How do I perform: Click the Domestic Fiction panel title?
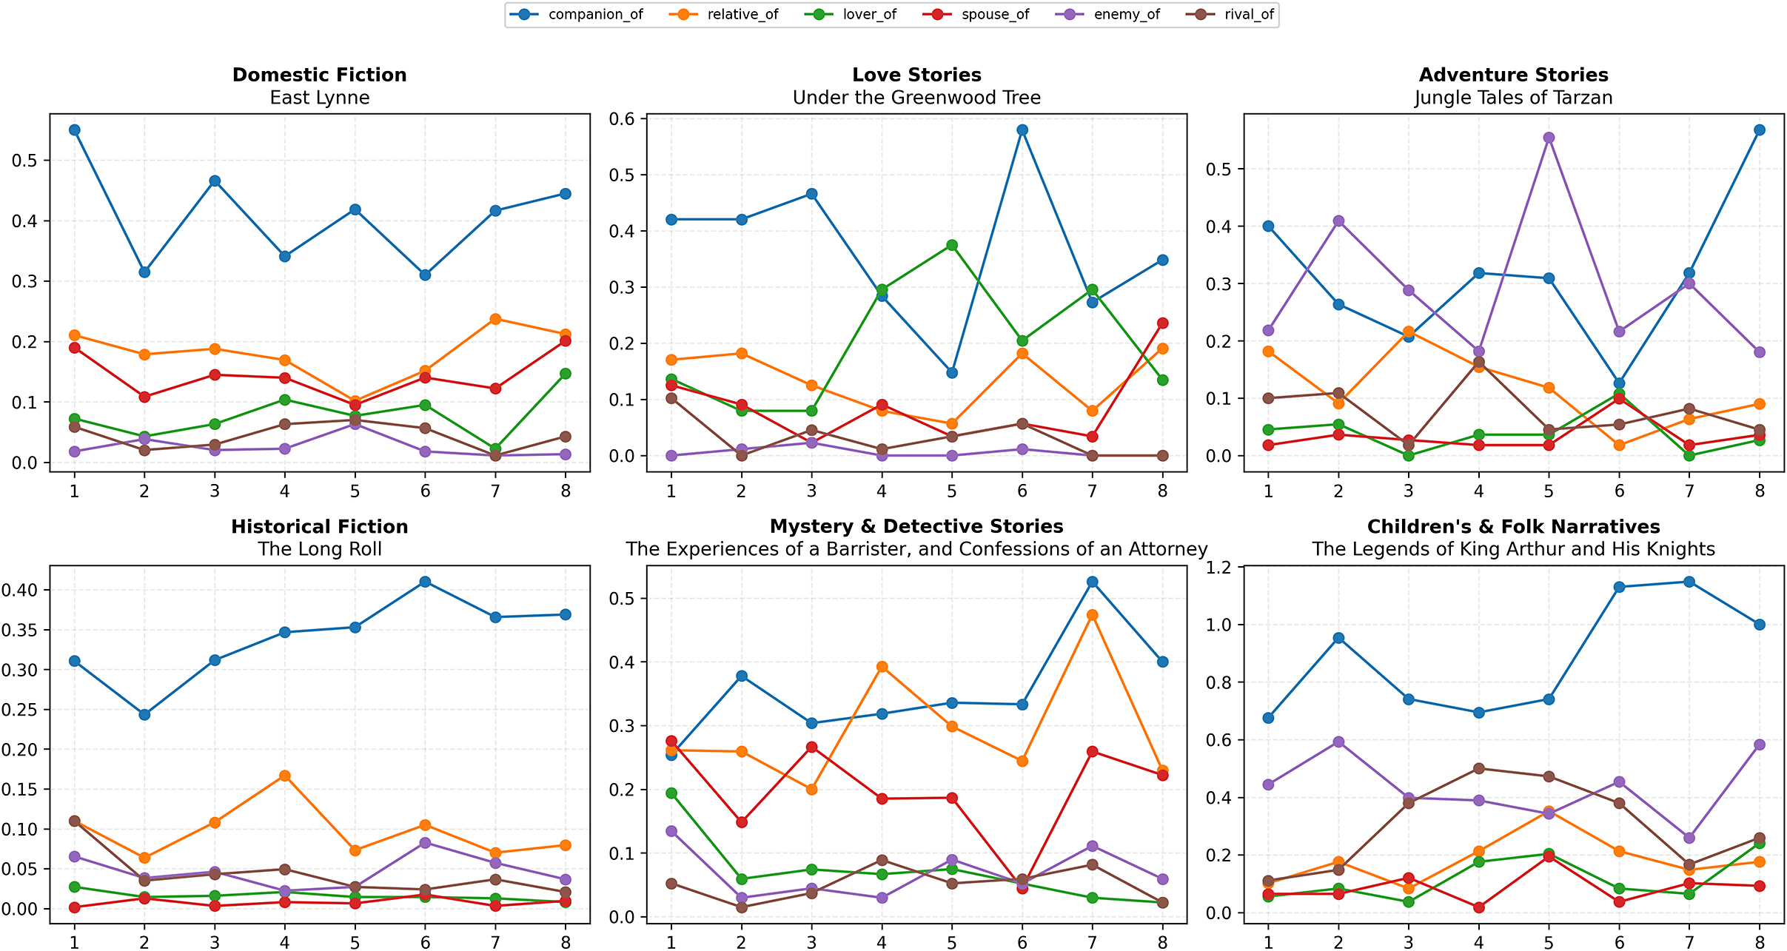(319, 75)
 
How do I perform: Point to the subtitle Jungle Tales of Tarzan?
(1513, 98)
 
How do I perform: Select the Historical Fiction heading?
(319, 526)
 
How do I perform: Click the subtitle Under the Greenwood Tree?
(916, 98)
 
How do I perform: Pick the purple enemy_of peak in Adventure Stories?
(1549, 138)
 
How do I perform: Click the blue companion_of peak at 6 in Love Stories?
(1022, 130)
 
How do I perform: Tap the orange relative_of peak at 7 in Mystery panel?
(1092, 615)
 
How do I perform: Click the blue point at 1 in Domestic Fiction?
(74, 130)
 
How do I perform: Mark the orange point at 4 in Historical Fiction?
(285, 776)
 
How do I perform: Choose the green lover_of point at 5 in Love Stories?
(952, 245)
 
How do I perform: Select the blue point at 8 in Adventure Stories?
(1760, 130)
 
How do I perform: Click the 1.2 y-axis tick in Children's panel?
(1222, 568)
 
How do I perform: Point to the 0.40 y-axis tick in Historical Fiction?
(20, 591)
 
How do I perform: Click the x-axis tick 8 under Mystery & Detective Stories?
(1162, 943)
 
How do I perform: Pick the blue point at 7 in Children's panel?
(1689, 582)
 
